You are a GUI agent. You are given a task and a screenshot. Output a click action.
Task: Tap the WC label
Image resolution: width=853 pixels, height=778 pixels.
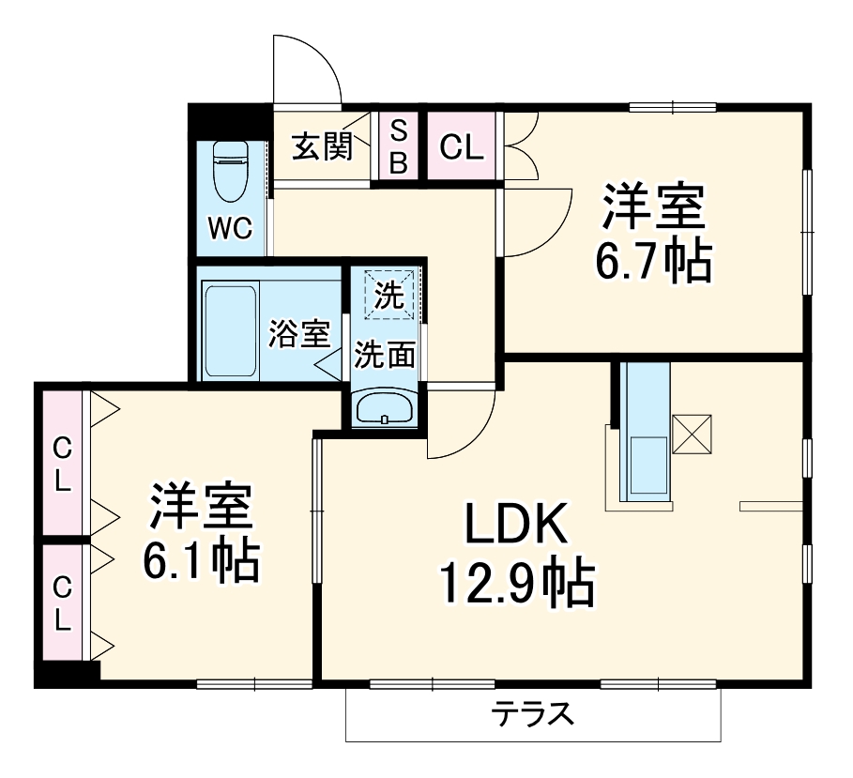(x=230, y=229)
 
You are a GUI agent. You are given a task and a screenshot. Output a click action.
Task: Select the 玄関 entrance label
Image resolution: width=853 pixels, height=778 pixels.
(x=321, y=147)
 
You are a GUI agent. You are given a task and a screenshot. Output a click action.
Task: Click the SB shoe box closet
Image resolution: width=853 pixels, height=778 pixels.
(x=399, y=146)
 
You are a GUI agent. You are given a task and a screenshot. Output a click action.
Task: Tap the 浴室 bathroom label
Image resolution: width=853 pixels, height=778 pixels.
(x=299, y=334)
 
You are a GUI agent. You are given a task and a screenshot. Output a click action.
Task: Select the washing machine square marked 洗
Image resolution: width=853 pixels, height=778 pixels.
(x=389, y=295)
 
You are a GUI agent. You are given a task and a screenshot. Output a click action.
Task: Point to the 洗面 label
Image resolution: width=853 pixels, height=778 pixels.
(x=385, y=356)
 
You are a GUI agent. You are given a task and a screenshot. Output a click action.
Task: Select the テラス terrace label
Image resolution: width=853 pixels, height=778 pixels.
(x=533, y=715)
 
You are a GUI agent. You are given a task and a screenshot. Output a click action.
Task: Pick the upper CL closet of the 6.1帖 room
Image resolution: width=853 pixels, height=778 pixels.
(x=62, y=464)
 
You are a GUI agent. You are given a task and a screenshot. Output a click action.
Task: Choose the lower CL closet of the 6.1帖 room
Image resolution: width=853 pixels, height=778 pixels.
(x=62, y=602)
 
